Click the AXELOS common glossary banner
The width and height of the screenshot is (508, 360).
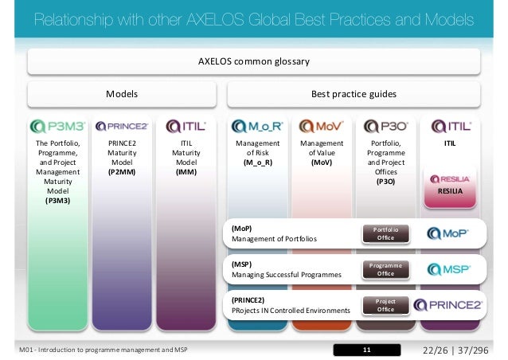coord(253,61)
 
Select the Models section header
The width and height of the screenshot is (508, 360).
coord(123,94)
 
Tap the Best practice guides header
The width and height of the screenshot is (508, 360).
coord(354,94)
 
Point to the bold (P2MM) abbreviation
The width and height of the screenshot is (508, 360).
coord(122,170)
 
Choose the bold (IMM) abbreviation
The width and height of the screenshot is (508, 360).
coord(186,170)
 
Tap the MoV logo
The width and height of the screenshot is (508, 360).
coord(317,126)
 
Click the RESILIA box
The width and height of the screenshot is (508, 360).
coord(450,186)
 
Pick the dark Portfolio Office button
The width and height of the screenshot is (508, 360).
coord(385,233)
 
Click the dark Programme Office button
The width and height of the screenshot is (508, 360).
coord(385,269)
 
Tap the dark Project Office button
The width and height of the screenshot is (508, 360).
coord(385,305)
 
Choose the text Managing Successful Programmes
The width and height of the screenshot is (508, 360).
coord(286,274)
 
